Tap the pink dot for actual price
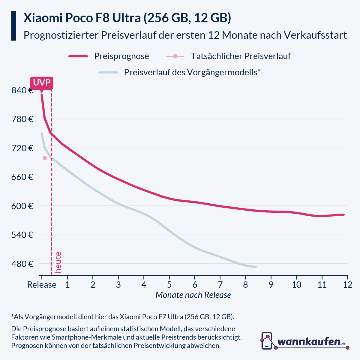[x=45, y=158]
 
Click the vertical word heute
[x=58, y=262]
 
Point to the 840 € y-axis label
[x=22, y=90]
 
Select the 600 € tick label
[x=22, y=206]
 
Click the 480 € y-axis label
[x=22, y=264]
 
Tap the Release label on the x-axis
[x=42, y=285]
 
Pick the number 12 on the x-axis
[x=347, y=285]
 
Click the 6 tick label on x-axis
[x=195, y=285]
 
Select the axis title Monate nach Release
[x=193, y=295]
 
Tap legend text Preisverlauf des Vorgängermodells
[x=192, y=72]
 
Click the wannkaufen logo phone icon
[x=267, y=340]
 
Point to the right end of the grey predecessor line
[x=256, y=267]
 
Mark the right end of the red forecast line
[x=343, y=214]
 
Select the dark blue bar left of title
[x=13, y=26]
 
